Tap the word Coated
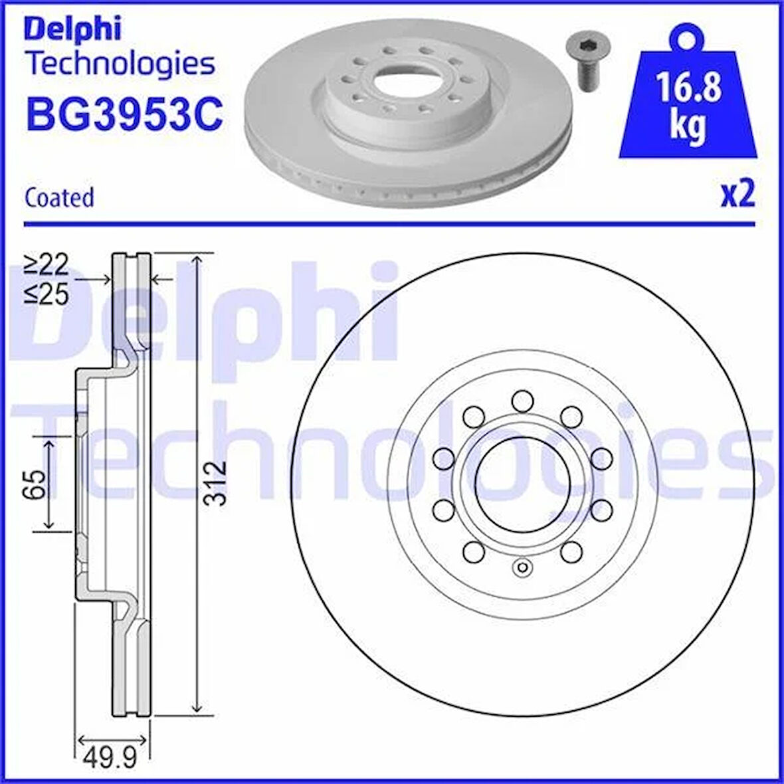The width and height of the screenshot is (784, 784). [x=59, y=198]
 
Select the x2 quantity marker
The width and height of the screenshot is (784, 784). [x=737, y=195]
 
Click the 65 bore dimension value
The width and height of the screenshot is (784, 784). [x=36, y=484]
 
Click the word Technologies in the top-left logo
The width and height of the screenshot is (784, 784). [x=120, y=64]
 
